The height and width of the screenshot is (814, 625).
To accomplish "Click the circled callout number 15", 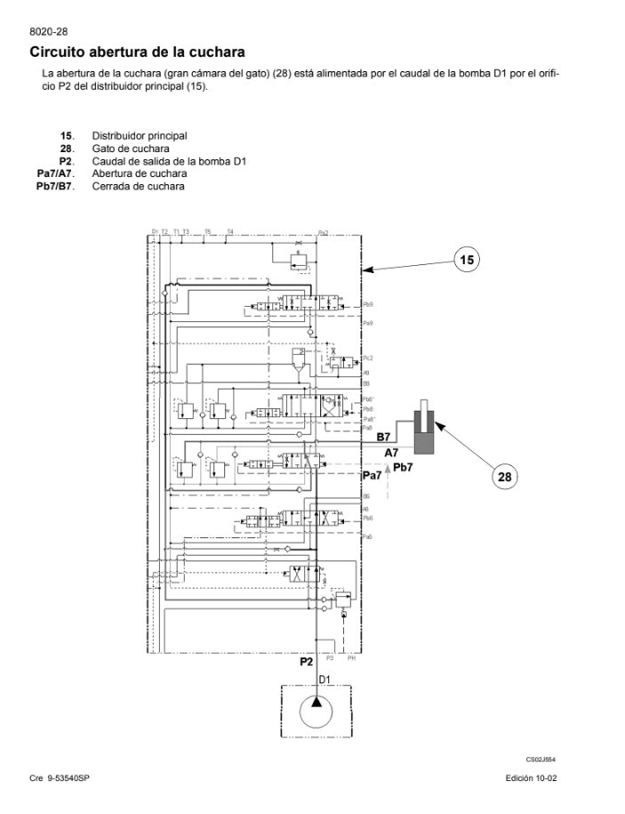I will click(x=467, y=260).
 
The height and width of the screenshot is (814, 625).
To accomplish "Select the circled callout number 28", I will click(x=504, y=477).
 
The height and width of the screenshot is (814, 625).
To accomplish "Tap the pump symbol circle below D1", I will click(x=317, y=712).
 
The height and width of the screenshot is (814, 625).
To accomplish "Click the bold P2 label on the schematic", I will click(x=306, y=661).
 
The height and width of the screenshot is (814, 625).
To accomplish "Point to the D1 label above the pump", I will click(x=325, y=679).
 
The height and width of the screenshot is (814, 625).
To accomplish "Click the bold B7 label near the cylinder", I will click(x=384, y=437).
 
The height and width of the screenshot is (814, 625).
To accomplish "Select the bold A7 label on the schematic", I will click(x=392, y=453).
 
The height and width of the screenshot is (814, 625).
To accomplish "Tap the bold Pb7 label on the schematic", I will click(x=403, y=468).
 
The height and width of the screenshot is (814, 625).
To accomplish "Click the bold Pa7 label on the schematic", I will click(x=372, y=476).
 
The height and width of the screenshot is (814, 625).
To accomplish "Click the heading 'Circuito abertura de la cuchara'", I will click(x=137, y=52).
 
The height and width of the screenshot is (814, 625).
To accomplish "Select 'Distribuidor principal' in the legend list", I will click(x=140, y=136).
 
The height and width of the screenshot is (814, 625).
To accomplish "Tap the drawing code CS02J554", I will click(x=541, y=760).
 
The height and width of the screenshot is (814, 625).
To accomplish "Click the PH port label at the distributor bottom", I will click(x=351, y=658).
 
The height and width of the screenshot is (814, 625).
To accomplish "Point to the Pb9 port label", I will click(x=368, y=304).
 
